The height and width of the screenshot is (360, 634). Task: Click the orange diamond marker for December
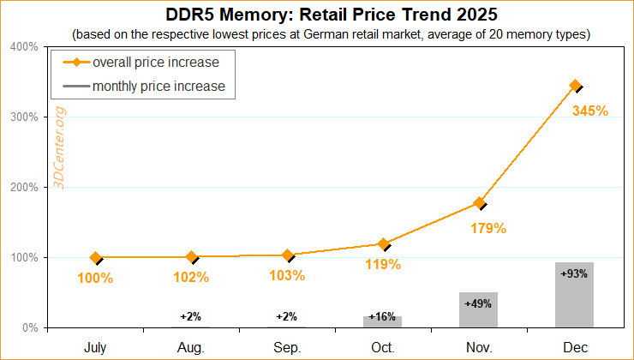click(575, 86)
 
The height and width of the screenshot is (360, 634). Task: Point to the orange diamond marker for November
click(479, 203)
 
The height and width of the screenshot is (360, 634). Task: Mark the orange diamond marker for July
click(96, 257)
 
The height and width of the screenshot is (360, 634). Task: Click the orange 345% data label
click(589, 111)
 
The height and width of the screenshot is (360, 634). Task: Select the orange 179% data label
click(488, 229)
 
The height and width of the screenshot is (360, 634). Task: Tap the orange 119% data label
click(383, 264)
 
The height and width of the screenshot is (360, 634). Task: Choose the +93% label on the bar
click(574, 273)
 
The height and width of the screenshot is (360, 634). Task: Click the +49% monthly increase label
click(478, 303)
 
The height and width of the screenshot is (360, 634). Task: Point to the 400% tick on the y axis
click(24, 46)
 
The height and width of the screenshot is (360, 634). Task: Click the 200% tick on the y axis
click(24, 187)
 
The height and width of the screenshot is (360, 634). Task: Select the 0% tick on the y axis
click(28, 327)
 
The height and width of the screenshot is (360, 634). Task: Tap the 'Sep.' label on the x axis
click(287, 347)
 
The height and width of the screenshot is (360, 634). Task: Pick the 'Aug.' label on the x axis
click(191, 347)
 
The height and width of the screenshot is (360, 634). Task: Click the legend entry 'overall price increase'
click(155, 63)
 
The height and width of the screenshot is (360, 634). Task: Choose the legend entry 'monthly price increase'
click(158, 86)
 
